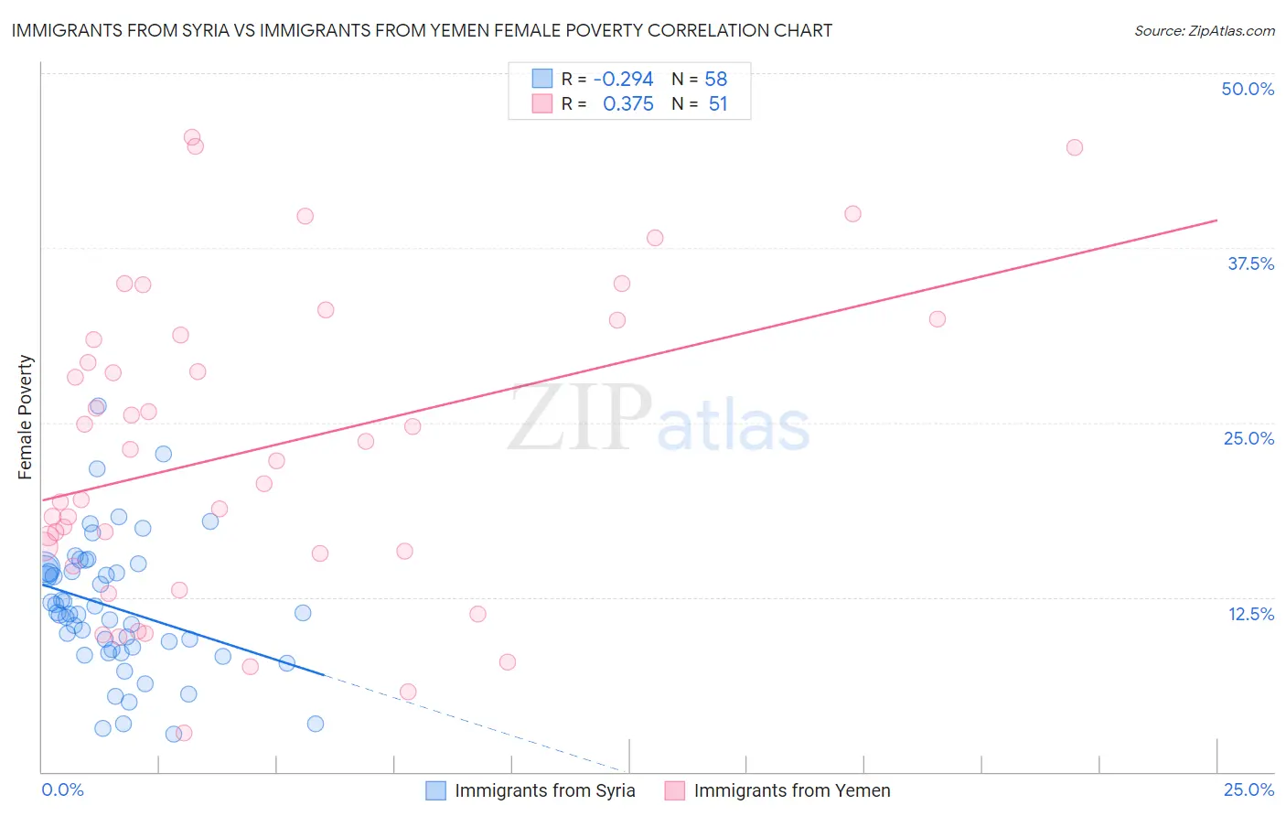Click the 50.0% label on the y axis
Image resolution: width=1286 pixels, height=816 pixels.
tap(1248, 89)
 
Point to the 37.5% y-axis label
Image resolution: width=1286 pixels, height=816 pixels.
tap(1250, 263)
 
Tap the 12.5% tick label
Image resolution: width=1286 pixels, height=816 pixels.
tap(1250, 614)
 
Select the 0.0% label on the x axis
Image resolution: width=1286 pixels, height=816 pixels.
tap(62, 790)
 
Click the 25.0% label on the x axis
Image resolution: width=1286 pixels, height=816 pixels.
tap(1248, 790)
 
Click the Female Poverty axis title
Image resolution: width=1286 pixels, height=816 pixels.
tap(25, 417)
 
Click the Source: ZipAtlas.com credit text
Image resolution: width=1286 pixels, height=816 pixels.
tap(1204, 30)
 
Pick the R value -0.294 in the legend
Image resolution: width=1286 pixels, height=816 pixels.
tap(623, 79)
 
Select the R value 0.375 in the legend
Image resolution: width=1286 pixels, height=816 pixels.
tap(627, 104)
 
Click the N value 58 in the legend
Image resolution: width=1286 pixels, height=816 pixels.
tap(715, 79)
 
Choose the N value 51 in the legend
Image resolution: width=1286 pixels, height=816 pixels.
tap(718, 104)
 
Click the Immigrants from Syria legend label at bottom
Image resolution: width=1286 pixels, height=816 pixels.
tap(544, 790)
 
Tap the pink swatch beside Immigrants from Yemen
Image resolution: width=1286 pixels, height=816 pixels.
tap(674, 790)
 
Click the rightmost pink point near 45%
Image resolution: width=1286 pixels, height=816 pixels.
tap(1075, 147)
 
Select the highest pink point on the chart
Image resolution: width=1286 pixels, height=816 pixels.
tap(192, 137)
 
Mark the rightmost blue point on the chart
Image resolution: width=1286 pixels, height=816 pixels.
tap(316, 724)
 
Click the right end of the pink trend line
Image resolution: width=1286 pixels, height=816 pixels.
tap(1216, 220)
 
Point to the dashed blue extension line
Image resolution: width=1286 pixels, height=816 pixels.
tap(476, 724)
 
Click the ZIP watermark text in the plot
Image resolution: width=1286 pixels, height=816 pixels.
tap(580, 417)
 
